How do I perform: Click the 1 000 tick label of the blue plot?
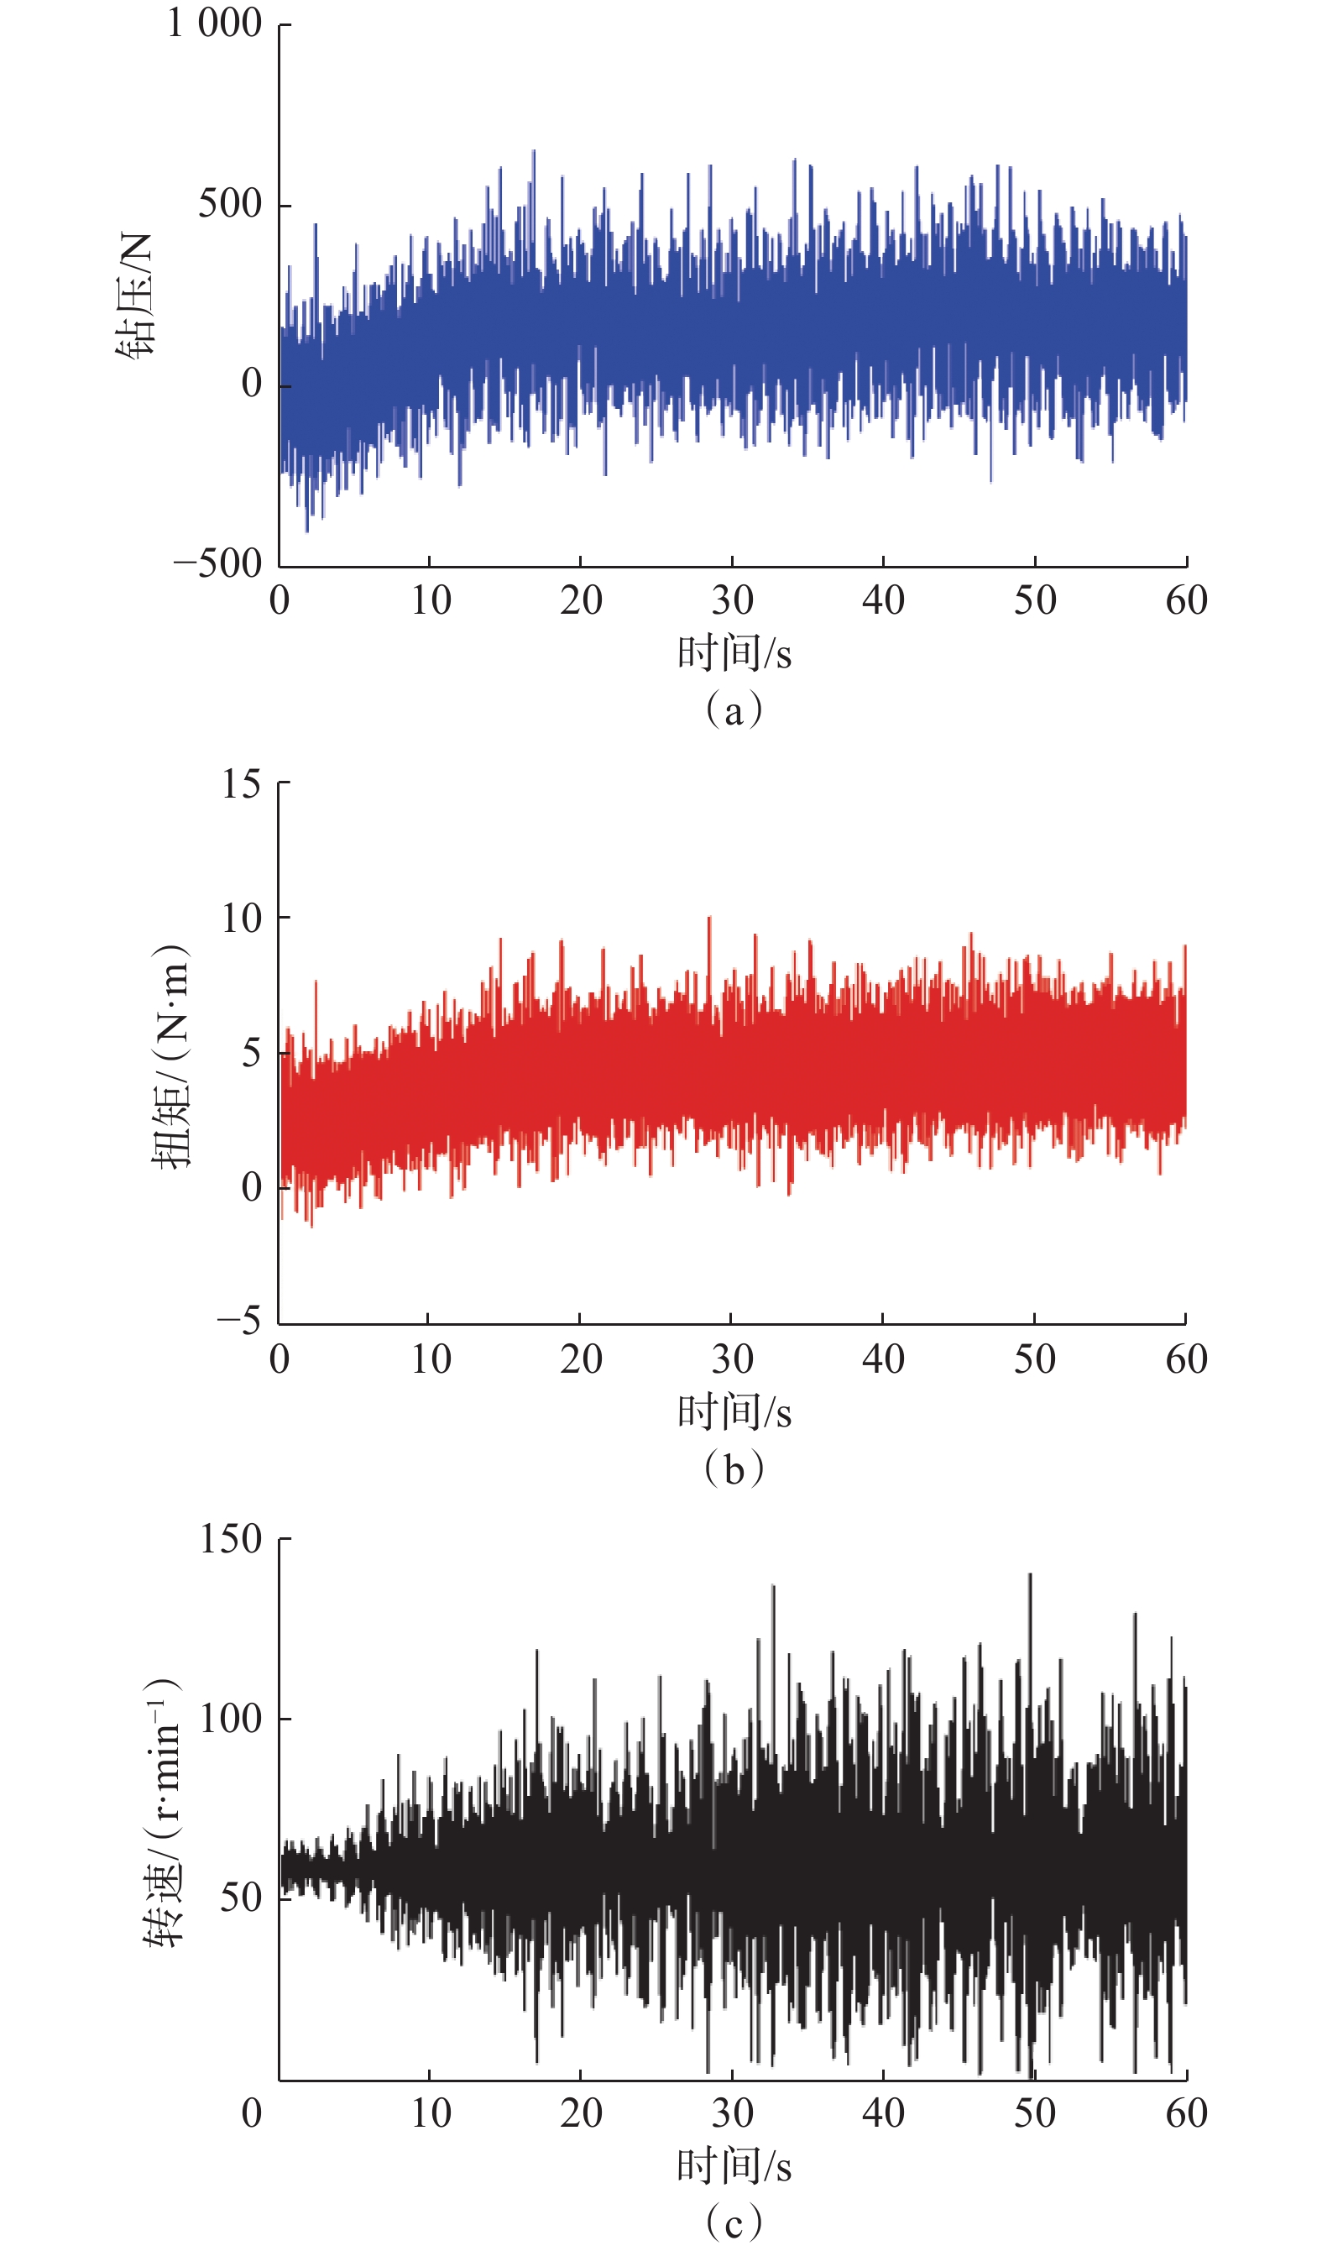pos(214,24)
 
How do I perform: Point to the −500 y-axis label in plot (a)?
pos(217,563)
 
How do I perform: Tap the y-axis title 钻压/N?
pos(135,295)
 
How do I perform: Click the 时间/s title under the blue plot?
pos(734,653)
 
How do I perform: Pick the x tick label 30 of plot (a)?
pos(733,600)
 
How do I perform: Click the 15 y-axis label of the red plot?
pos(241,784)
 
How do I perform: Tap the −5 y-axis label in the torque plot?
pos(238,1319)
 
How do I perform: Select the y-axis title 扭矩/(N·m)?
pos(170,1057)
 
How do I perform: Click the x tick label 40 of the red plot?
pos(882,1359)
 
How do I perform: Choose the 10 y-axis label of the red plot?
pos(241,919)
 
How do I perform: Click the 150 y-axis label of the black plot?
pos(231,1539)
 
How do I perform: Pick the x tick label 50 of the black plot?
pos(1034,2113)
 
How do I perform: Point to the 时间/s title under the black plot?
pos(734,2165)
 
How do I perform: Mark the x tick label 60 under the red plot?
pos(1186,1359)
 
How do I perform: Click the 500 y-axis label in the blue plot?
pos(229,205)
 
